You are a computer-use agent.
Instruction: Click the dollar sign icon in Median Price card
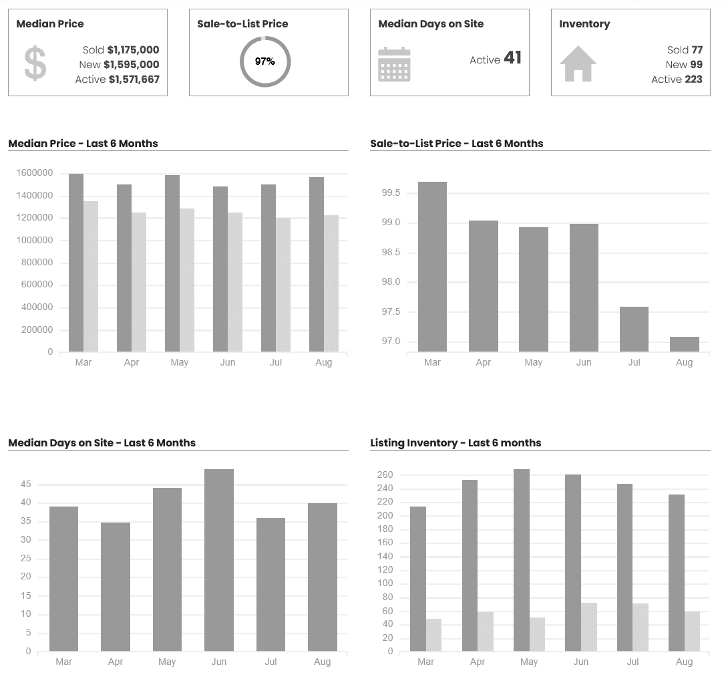(x=35, y=64)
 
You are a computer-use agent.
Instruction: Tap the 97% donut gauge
(x=265, y=61)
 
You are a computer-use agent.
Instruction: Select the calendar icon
(x=394, y=65)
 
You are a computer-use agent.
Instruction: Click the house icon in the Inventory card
(x=578, y=64)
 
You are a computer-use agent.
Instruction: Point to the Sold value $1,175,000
(x=133, y=50)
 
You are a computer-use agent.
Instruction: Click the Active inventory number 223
(x=693, y=80)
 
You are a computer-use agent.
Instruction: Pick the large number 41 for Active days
(x=512, y=58)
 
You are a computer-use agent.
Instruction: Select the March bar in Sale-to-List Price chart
(x=432, y=267)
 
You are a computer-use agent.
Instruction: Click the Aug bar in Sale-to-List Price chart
(x=685, y=344)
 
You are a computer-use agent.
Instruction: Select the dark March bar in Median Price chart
(x=76, y=263)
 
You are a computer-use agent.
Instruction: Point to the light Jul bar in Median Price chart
(x=283, y=285)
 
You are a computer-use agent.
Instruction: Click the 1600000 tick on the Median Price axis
(x=34, y=173)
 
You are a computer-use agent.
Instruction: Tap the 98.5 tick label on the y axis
(x=391, y=253)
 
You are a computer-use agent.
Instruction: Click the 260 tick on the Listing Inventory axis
(x=385, y=475)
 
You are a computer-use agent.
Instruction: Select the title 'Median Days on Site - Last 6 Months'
(x=102, y=443)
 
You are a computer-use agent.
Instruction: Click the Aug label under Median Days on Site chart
(x=322, y=662)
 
